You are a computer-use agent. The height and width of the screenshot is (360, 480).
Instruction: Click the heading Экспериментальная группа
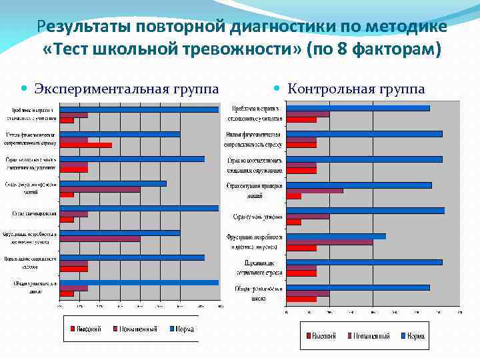(126, 89)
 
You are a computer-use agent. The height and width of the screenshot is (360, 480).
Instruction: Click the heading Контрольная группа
(356, 89)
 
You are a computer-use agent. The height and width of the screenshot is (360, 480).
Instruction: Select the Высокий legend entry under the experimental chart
(85, 329)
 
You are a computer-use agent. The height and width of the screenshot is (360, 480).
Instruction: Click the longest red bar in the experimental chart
(86, 145)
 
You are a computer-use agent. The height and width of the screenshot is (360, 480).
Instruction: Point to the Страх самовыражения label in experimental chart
(33, 213)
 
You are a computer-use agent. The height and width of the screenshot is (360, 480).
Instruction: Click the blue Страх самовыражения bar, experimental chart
(139, 208)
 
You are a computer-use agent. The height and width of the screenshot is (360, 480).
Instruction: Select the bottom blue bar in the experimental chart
(139, 283)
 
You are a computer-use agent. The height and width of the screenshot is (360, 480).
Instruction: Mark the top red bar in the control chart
(301, 120)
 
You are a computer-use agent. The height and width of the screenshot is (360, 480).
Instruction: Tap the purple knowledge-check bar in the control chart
(314, 191)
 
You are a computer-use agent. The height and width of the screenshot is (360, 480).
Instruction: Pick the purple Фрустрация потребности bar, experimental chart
(100, 239)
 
